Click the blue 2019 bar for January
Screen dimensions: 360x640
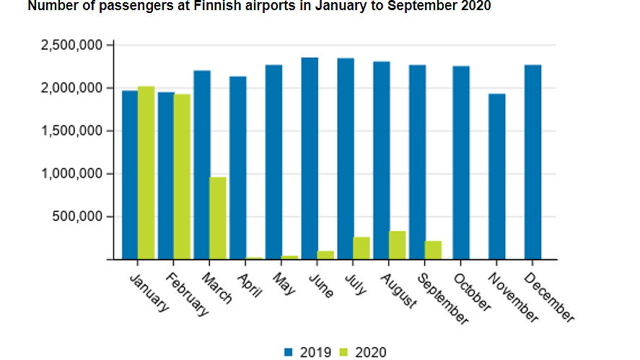(x=130, y=175)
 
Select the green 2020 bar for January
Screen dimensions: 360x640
(x=146, y=172)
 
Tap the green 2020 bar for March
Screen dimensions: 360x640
(x=218, y=218)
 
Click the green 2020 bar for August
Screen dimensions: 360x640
(x=398, y=245)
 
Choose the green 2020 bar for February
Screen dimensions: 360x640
(x=183, y=176)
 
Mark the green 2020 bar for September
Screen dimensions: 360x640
(x=433, y=250)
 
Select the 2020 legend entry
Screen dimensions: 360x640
(x=365, y=352)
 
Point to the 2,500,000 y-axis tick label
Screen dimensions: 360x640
(x=70, y=45)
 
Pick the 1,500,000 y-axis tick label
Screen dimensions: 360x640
(x=70, y=131)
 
